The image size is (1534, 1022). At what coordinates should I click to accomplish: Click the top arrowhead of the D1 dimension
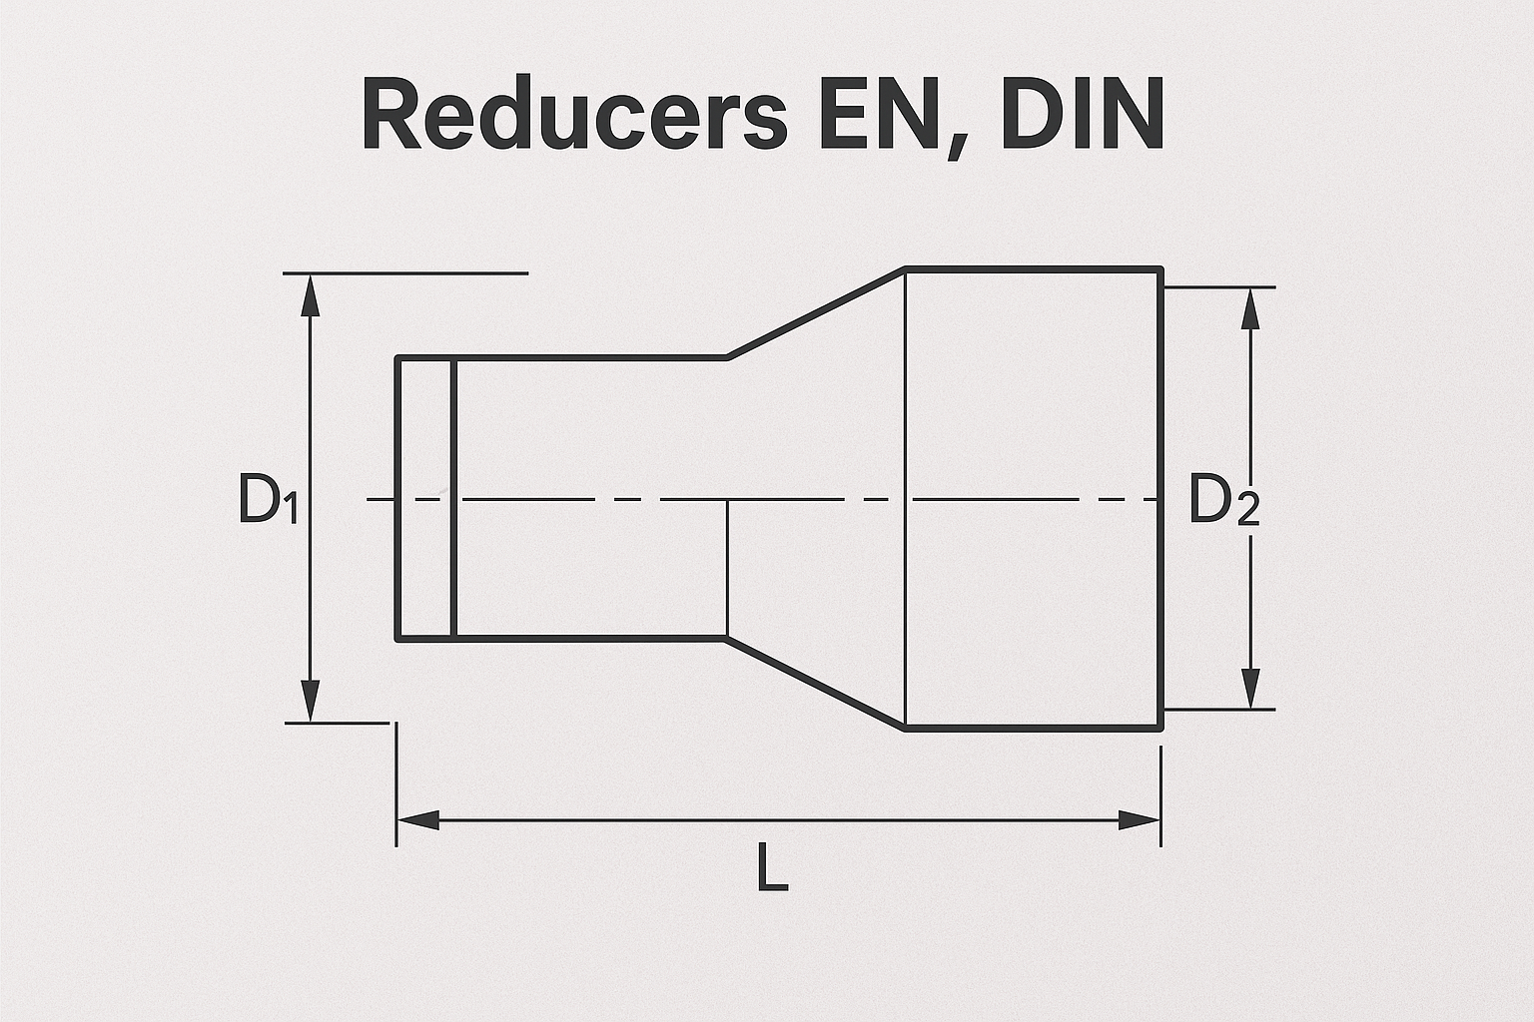(x=311, y=295)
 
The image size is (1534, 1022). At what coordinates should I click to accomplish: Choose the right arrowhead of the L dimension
(x=1139, y=820)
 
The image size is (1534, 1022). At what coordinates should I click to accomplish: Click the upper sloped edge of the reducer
(x=816, y=312)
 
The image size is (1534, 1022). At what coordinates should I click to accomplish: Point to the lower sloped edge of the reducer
(x=816, y=683)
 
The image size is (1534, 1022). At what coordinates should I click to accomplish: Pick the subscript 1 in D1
(x=289, y=511)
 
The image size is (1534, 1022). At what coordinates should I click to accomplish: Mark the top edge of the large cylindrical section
(x=1034, y=268)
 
